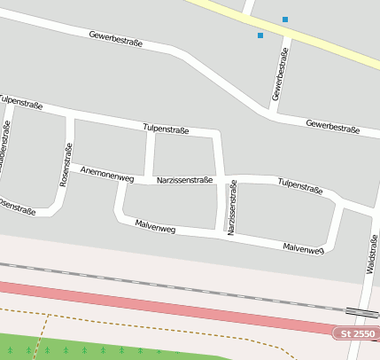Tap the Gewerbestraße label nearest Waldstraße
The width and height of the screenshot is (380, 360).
pyautogui.click(x=332, y=126)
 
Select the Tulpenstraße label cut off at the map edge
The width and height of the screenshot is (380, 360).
pyautogui.click(x=20, y=103)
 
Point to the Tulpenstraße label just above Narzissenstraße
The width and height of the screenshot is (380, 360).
pyautogui.click(x=166, y=129)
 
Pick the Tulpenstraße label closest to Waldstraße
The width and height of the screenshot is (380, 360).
pyautogui.click(x=300, y=185)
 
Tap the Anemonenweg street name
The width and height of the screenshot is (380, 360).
pyautogui.click(x=106, y=173)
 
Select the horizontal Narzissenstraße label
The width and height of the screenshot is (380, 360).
pyautogui.click(x=184, y=180)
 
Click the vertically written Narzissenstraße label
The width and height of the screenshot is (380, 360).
pyautogui.click(x=231, y=207)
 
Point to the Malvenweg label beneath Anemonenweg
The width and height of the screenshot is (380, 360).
pyautogui.click(x=155, y=228)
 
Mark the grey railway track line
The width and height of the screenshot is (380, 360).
pyautogui.click(x=177, y=286)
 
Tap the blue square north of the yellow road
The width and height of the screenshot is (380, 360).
pyautogui.click(x=284, y=20)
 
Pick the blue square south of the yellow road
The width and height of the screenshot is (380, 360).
pyautogui.click(x=260, y=35)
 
